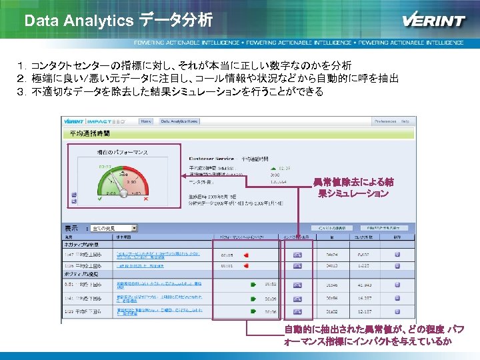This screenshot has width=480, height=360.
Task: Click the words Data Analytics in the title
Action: click(x=79, y=21)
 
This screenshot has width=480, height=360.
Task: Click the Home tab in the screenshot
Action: click(x=146, y=121)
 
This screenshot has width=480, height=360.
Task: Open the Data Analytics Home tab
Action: click(x=179, y=121)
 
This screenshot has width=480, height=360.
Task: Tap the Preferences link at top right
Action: click(x=385, y=121)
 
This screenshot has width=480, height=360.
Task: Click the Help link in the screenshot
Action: click(x=405, y=121)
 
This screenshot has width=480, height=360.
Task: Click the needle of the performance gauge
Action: click(x=121, y=181)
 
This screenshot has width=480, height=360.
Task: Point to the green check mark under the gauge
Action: click(x=99, y=199)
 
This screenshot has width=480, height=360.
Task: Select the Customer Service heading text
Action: click(x=212, y=159)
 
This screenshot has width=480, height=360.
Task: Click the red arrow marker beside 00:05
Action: click(x=246, y=255)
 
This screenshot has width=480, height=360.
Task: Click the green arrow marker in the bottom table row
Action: click(x=253, y=311)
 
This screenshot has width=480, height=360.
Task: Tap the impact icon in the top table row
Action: click(x=298, y=255)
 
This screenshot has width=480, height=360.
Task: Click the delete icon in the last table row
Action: click(x=397, y=311)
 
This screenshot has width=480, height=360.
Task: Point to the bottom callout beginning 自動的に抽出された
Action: click(x=373, y=335)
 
